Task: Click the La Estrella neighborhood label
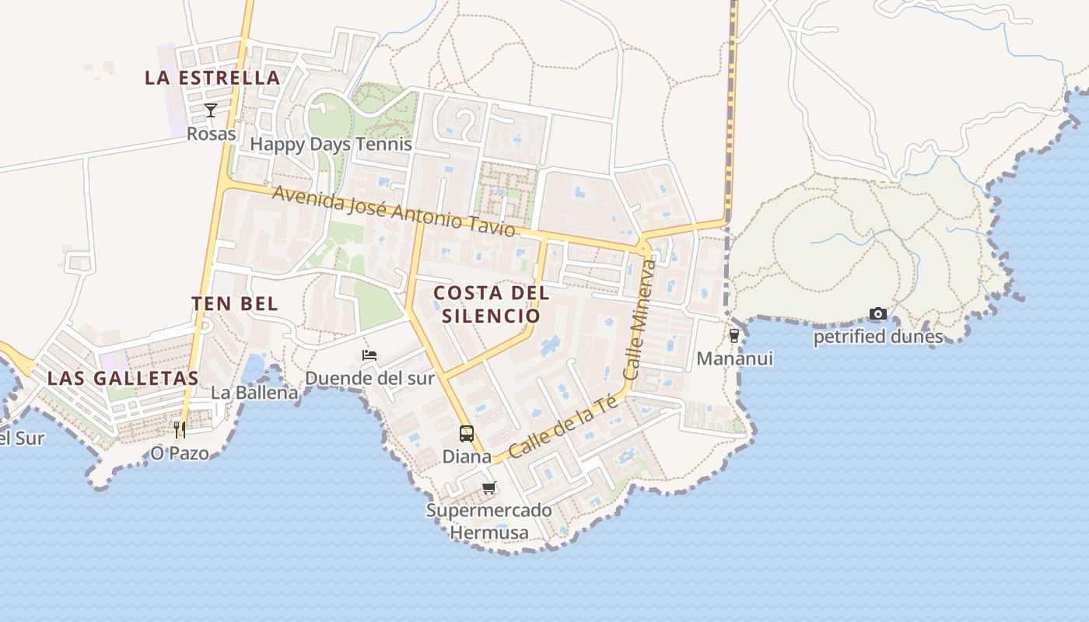(212, 78)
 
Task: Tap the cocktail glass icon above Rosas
(210, 110)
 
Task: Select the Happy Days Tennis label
(331, 144)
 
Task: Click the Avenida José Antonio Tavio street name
(393, 211)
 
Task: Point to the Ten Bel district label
(235, 304)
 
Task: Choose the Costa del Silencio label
(491, 304)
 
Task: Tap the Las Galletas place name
(123, 379)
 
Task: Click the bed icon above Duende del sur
(369, 355)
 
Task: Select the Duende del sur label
(369, 379)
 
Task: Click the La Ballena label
(254, 393)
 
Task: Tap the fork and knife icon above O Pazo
(180, 429)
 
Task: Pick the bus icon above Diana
(467, 434)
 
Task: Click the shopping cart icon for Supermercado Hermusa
(488, 488)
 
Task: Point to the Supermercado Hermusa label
(488, 522)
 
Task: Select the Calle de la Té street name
(563, 427)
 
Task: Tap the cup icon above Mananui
(734, 336)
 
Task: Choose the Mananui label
(734, 358)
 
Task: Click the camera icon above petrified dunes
(878, 314)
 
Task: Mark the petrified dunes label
(878, 337)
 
